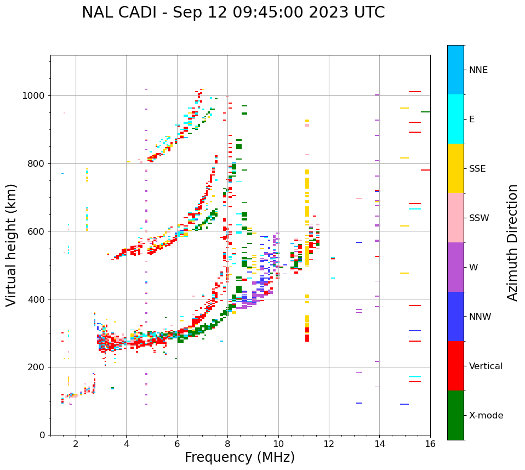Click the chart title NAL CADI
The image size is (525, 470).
[233, 13]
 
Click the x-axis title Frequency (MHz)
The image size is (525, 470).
[239, 457]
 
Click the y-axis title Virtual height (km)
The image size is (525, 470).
[12, 245]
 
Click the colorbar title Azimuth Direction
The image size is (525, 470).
[512, 242]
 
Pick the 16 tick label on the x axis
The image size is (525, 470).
[430, 444]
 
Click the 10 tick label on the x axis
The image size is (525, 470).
[278, 444]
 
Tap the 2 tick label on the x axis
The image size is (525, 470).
[76, 444]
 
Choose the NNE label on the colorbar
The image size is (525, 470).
[478, 70]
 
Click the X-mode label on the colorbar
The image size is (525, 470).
[486, 416]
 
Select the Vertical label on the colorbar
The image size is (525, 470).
[486, 366]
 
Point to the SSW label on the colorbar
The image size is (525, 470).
[479, 218]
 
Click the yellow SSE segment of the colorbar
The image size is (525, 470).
[455, 168]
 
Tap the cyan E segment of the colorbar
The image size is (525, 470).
[455, 119]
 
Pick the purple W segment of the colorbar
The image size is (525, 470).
[455, 267]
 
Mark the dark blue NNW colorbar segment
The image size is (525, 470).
[455, 316]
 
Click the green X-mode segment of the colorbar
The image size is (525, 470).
[455, 415]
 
